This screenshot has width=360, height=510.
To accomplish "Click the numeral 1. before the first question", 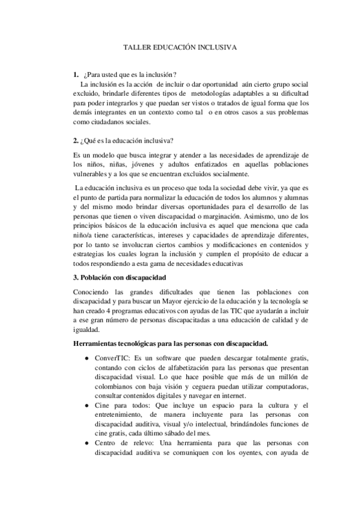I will click(75, 75).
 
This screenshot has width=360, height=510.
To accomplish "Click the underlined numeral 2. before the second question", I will click(75, 141).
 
